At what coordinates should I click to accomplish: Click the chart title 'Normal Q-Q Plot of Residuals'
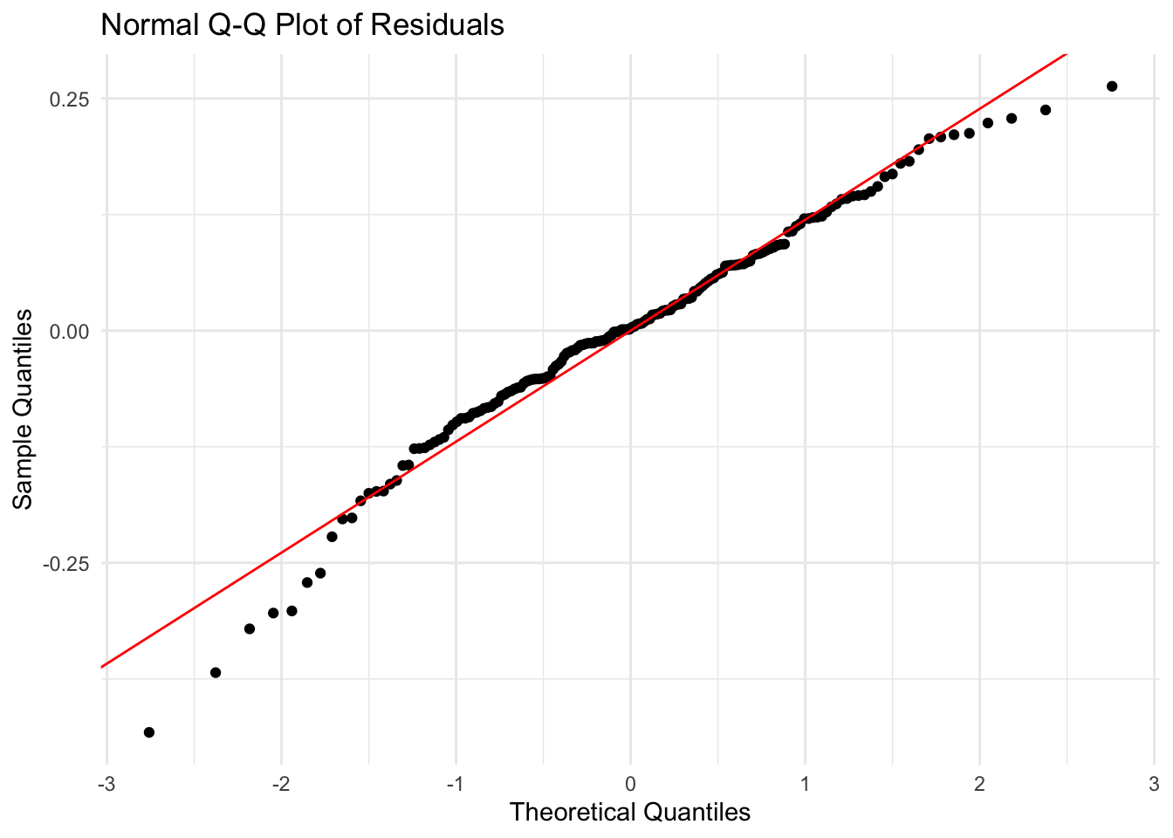pos(302,24)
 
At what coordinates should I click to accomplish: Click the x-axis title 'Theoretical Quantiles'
pos(629,813)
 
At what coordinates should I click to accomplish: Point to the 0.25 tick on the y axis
pos(71,99)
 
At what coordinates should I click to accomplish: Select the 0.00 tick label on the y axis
pos(71,331)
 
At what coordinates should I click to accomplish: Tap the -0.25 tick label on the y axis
pos(68,563)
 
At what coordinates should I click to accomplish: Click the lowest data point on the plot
pos(149,732)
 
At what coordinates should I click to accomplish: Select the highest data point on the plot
pos(1112,86)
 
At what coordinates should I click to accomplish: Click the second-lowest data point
pos(216,673)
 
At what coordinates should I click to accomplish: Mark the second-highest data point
pos(1046,110)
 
